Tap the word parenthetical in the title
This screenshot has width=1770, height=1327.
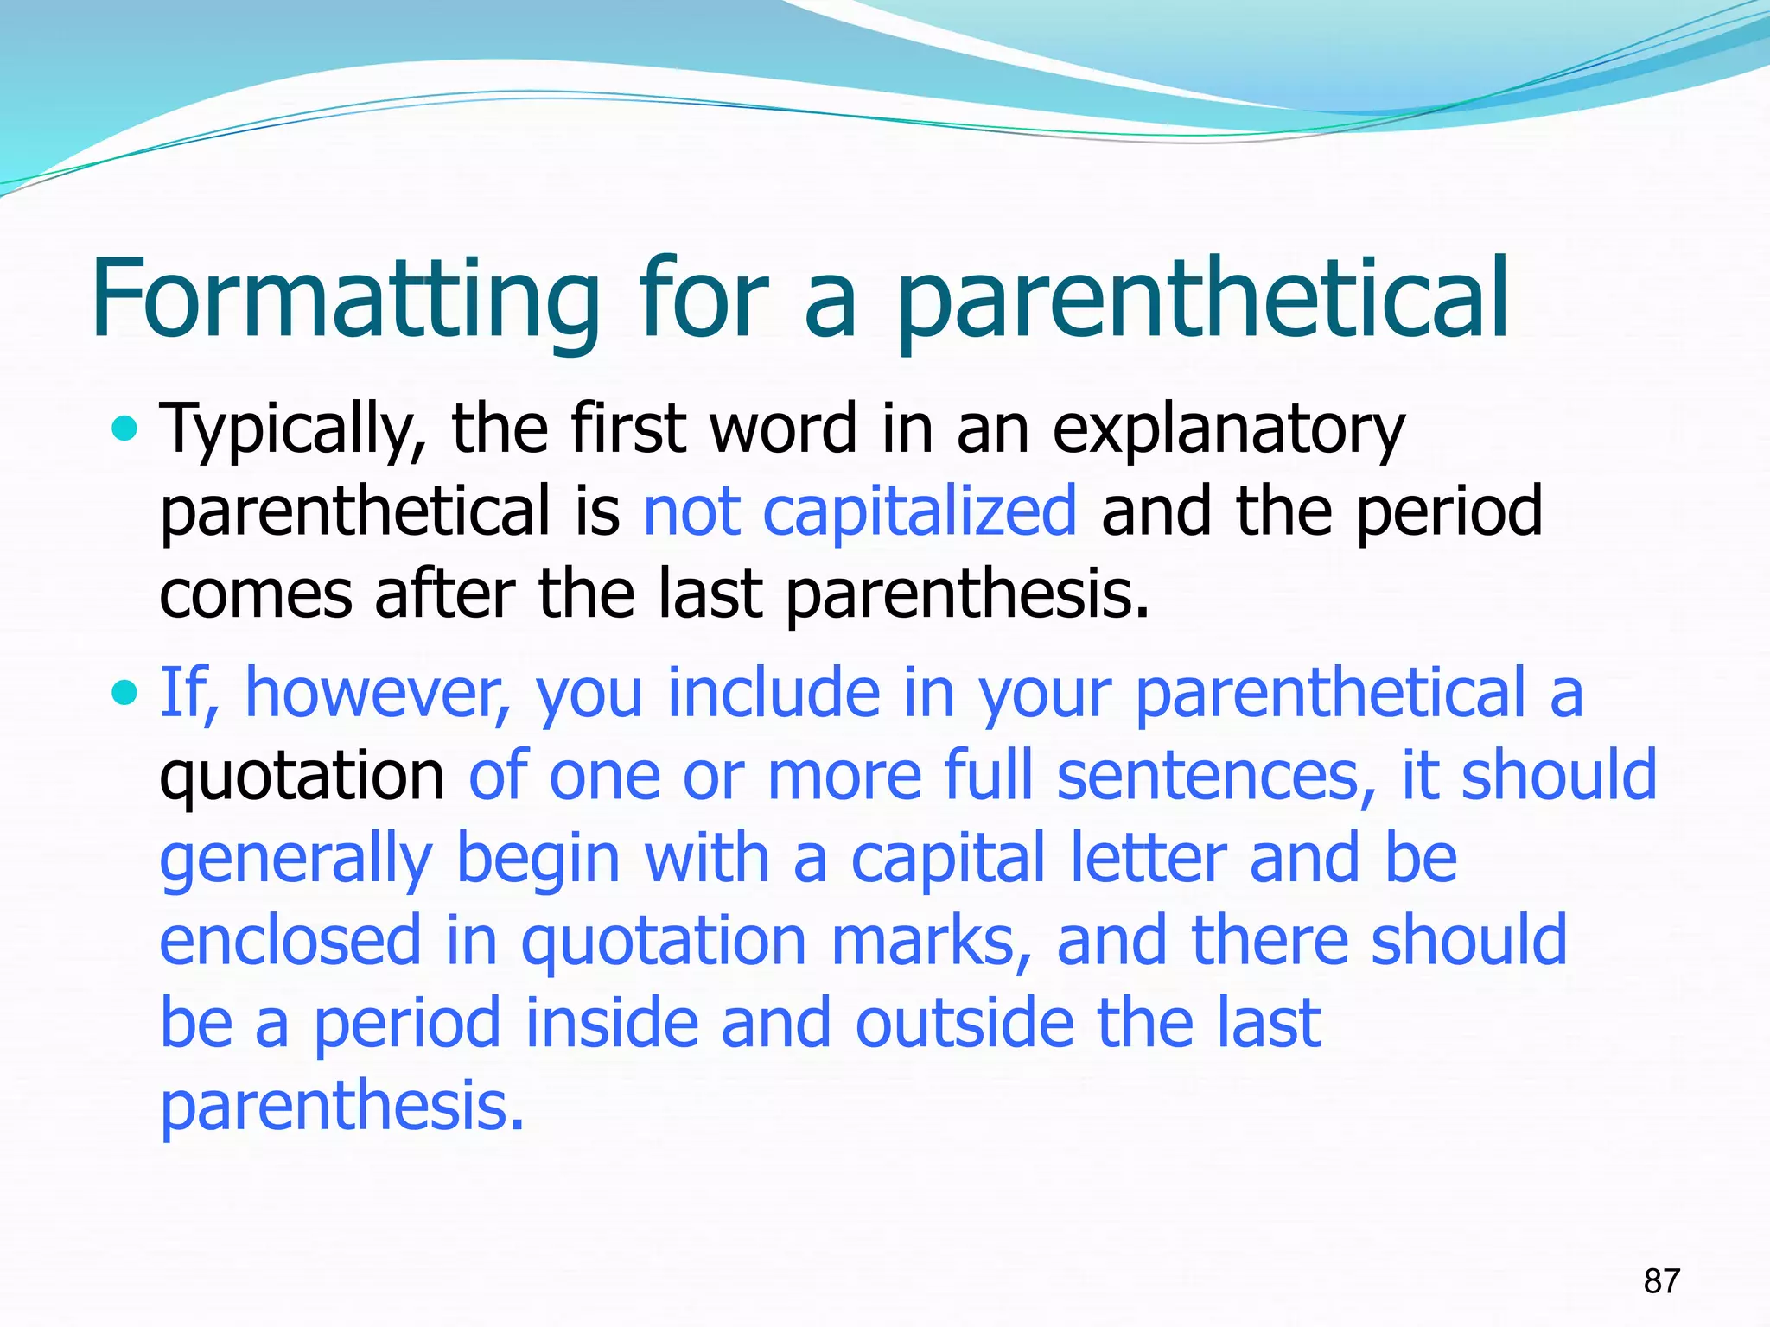1201,298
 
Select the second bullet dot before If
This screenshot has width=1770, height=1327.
125,692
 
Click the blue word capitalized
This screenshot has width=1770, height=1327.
920,511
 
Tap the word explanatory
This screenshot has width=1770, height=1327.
1228,429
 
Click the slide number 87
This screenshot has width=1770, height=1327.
1661,1280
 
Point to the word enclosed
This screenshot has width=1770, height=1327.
290,941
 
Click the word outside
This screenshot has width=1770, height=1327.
965,1023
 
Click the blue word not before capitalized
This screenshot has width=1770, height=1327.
692,511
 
